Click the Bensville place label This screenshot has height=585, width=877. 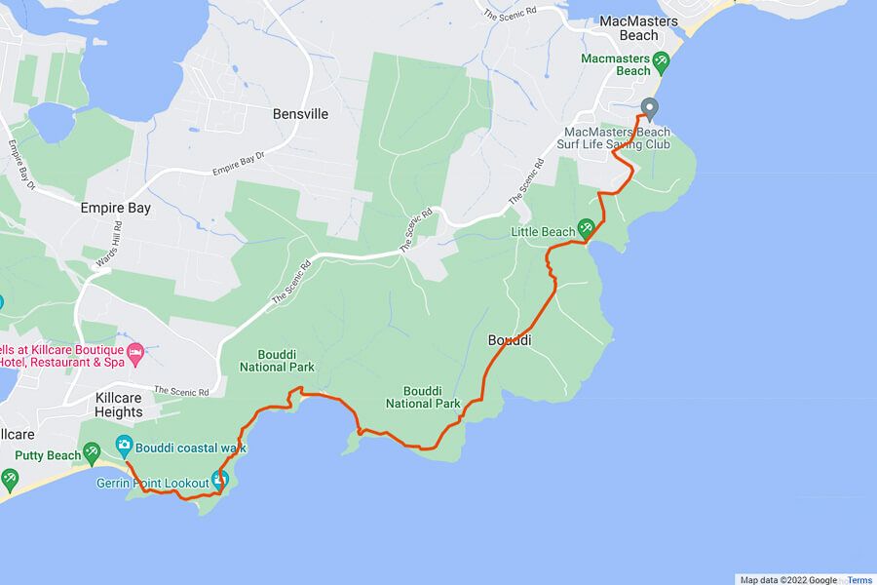[300, 114]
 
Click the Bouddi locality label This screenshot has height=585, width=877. [509, 340]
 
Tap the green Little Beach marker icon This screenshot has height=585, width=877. [587, 229]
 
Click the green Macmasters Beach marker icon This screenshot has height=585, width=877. [662, 61]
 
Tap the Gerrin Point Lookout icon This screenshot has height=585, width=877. [221, 479]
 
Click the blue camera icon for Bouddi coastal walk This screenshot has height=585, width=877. [125, 446]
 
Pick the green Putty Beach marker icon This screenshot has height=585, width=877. [92, 450]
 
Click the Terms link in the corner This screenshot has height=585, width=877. [859, 580]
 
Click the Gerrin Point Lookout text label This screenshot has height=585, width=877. [152, 483]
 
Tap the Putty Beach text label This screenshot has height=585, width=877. [49, 455]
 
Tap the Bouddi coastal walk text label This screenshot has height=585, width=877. [191, 448]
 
